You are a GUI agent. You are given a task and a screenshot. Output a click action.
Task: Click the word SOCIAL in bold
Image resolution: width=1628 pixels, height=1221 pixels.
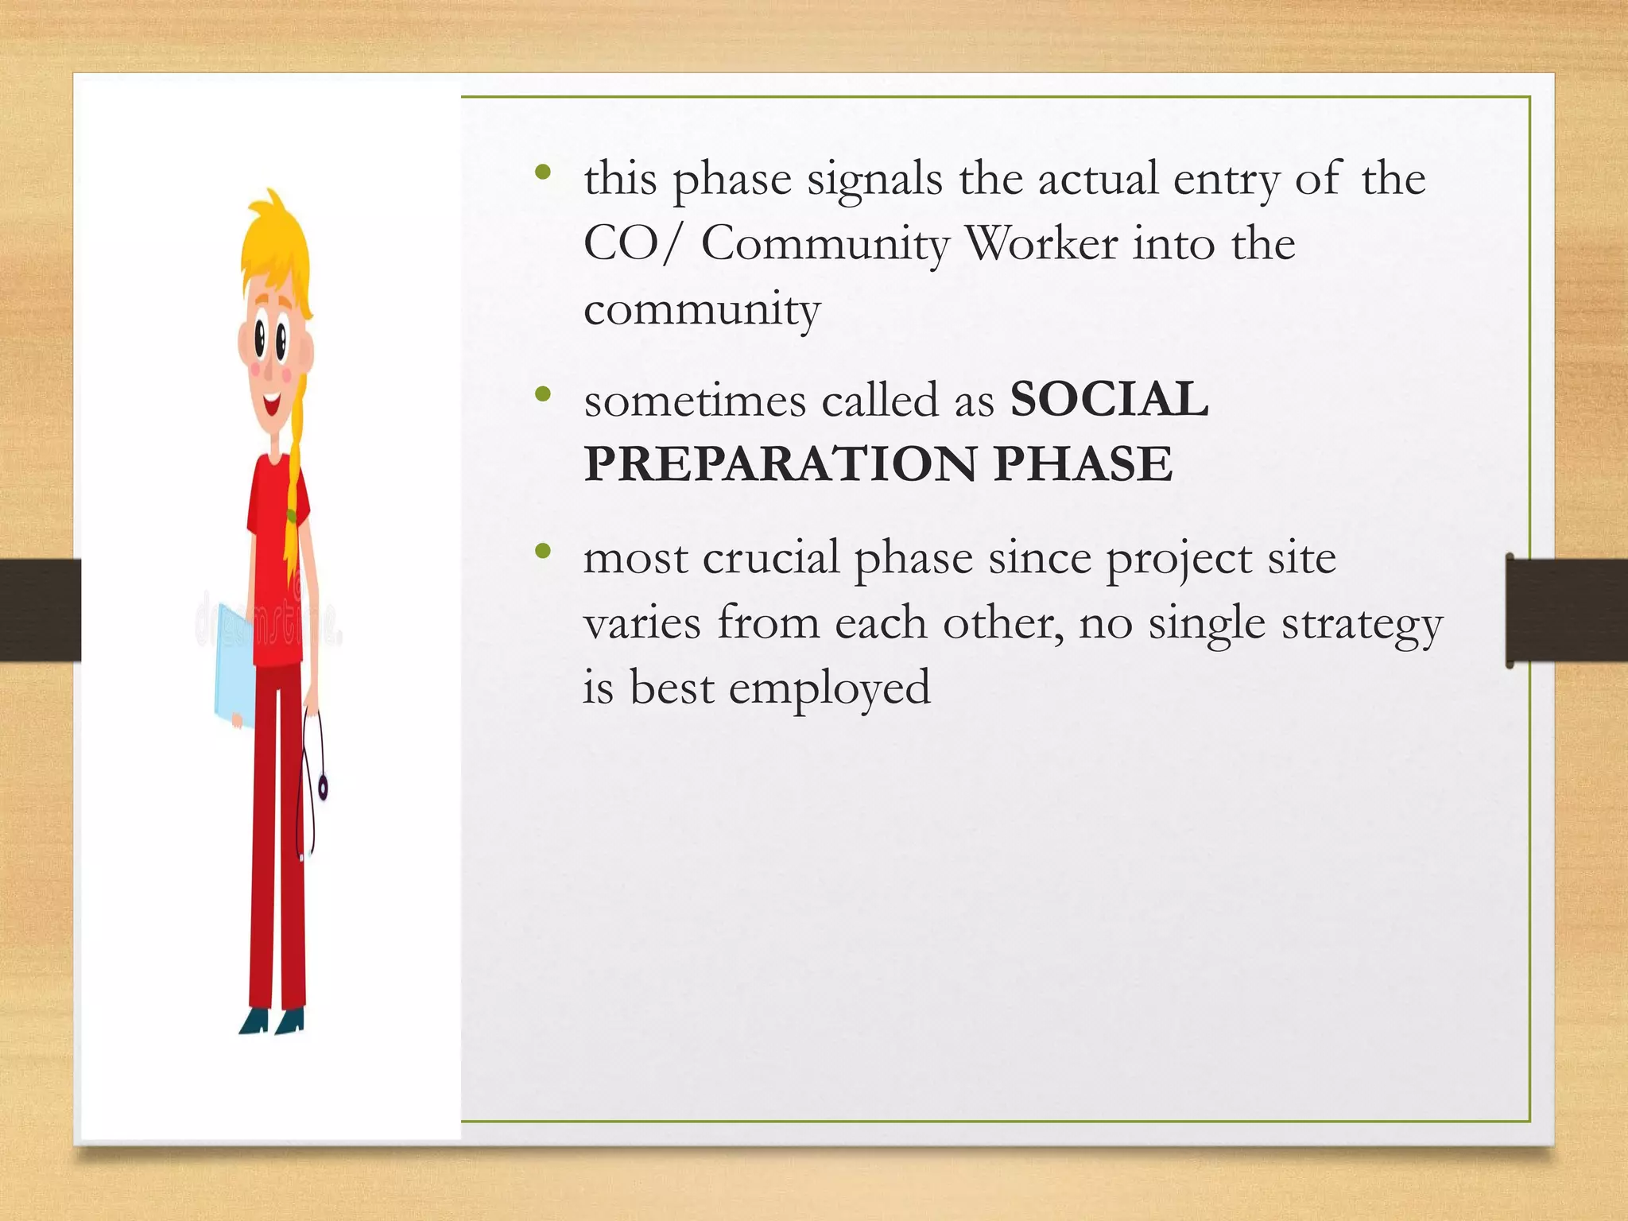[x=1109, y=399]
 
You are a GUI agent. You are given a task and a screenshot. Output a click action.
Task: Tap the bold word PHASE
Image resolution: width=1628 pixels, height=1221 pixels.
[x=1083, y=464]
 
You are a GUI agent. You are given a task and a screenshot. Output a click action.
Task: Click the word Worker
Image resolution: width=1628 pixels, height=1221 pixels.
[x=1041, y=243]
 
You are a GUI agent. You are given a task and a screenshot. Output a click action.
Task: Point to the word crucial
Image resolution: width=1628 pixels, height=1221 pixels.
[x=770, y=558]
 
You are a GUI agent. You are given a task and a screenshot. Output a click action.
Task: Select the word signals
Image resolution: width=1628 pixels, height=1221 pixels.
[x=874, y=179]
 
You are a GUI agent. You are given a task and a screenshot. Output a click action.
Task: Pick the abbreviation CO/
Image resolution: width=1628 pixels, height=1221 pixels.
[x=633, y=243]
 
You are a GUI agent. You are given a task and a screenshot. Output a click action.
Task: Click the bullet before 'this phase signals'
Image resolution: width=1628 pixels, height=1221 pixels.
[x=543, y=172]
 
